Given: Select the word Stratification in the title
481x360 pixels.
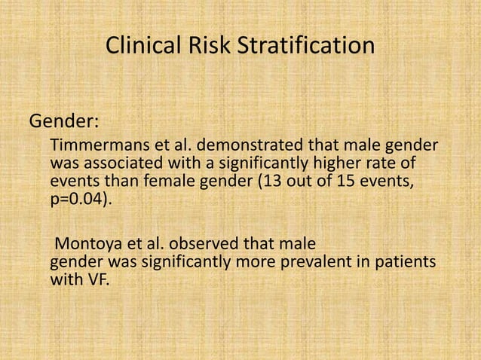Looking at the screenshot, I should (x=306, y=46).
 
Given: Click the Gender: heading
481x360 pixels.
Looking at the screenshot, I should (x=65, y=121).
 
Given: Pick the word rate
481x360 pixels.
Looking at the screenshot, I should (x=382, y=163).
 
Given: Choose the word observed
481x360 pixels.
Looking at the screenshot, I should (x=188, y=246).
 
